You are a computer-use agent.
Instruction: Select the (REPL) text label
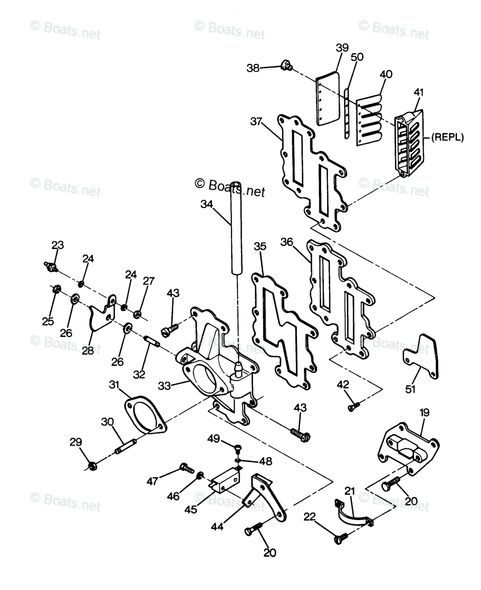447,138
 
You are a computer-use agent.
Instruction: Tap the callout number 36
287,242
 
